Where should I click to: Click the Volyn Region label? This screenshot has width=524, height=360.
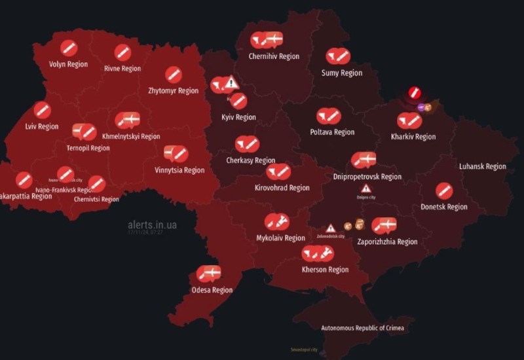click(68, 64)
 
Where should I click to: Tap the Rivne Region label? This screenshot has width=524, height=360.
click(122, 68)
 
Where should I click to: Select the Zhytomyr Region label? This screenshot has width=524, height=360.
click(173, 91)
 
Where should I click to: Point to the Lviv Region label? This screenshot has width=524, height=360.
click(42, 126)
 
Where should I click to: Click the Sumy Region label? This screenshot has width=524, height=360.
click(341, 73)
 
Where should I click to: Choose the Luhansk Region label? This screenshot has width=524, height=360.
click(482, 166)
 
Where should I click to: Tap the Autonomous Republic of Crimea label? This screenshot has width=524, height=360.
click(362, 327)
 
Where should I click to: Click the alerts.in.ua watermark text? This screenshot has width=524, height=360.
click(152, 225)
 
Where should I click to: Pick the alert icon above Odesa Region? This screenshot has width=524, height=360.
click(208, 274)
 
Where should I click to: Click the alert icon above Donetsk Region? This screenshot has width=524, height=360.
click(444, 190)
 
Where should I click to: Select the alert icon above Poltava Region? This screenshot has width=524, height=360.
click(329, 117)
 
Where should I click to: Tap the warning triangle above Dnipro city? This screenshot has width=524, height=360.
click(365, 188)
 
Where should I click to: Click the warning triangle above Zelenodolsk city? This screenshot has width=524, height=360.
click(331, 228)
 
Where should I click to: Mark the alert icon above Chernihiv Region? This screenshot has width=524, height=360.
click(267, 41)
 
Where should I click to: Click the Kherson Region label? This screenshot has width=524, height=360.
click(325, 269)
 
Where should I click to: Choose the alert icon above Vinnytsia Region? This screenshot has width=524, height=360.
click(175, 154)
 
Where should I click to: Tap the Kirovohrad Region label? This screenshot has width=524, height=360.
click(282, 188)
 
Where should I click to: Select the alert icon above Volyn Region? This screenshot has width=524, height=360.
click(69, 48)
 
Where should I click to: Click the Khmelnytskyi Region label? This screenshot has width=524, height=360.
click(131, 137)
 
